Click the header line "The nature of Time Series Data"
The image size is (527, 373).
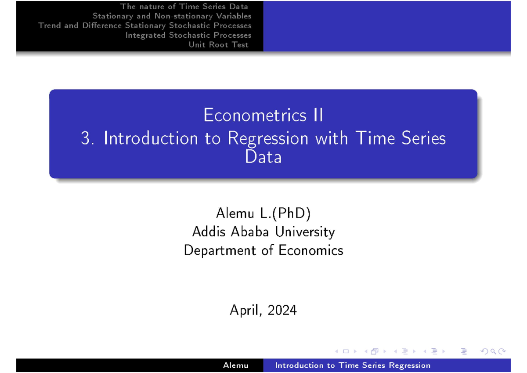(184, 7)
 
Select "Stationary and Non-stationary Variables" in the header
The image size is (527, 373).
(172, 16)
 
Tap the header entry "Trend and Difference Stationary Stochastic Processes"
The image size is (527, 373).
(145, 25)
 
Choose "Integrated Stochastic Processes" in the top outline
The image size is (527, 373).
(188, 35)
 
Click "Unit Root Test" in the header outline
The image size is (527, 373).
(218, 45)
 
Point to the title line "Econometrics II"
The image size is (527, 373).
(263, 116)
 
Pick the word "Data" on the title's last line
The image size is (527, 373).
(263, 157)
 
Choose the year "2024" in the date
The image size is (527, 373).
(282, 311)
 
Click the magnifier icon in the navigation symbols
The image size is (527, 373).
(493, 351)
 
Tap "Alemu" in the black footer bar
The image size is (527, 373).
(235, 366)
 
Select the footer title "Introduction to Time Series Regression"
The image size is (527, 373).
(353, 366)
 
